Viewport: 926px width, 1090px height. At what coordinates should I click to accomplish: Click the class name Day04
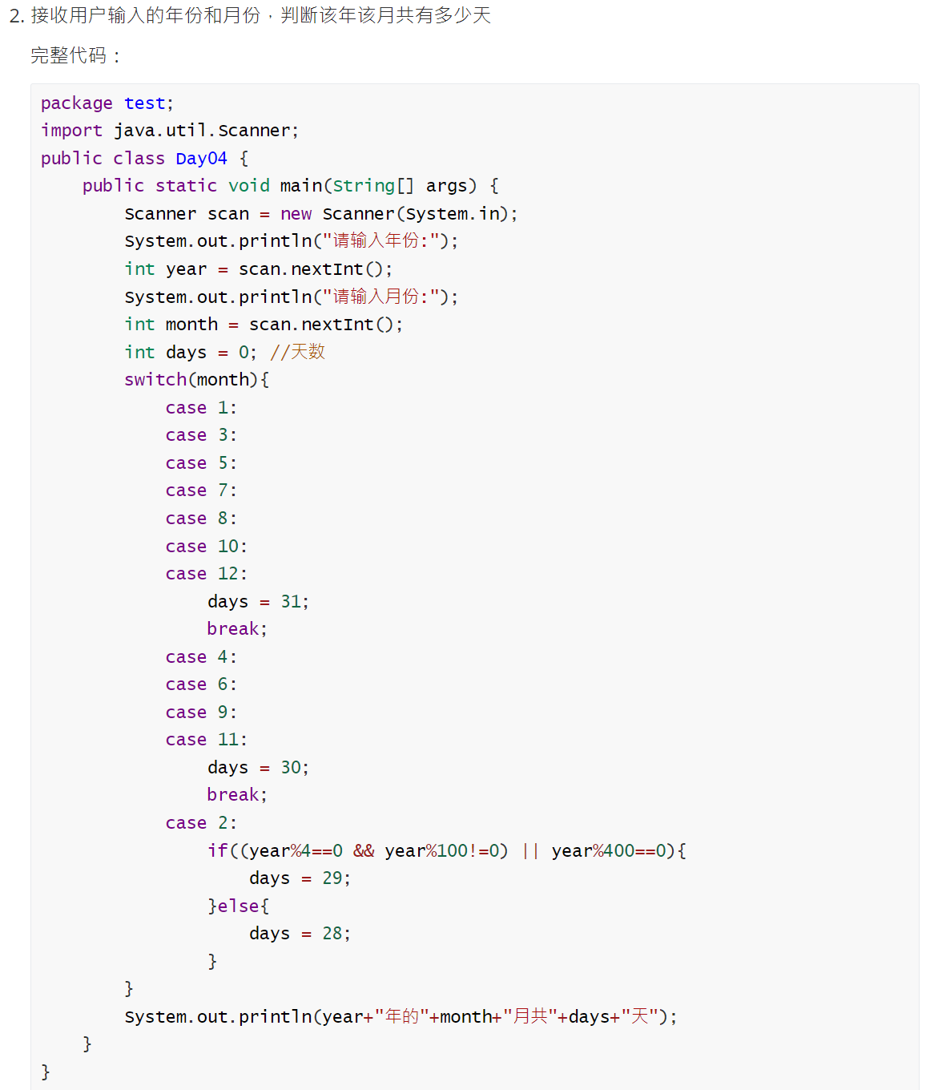click(x=201, y=159)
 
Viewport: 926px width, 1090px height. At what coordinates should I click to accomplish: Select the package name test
click(x=144, y=103)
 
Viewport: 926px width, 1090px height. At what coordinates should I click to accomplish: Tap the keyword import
click(x=71, y=131)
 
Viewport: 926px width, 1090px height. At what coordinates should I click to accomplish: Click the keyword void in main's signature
click(x=248, y=186)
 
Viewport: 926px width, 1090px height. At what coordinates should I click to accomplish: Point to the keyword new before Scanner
click(x=296, y=214)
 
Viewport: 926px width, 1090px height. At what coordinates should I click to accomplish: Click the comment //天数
click(x=297, y=352)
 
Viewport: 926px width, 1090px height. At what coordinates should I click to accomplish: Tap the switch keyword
click(x=155, y=380)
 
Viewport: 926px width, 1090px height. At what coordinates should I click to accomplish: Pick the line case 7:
click(x=200, y=490)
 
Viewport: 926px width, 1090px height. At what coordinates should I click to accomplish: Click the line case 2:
click(x=200, y=823)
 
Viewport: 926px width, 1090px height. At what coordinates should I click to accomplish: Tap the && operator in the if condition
click(x=364, y=851)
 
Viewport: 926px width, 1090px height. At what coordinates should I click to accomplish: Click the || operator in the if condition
click(x=529, y=851)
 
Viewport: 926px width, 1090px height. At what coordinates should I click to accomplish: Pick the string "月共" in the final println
click(x=529, y=1017)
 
